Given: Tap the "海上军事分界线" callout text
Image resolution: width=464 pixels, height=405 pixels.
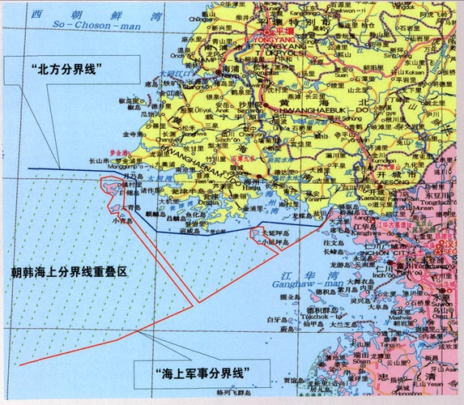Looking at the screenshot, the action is tap(199, 373).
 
